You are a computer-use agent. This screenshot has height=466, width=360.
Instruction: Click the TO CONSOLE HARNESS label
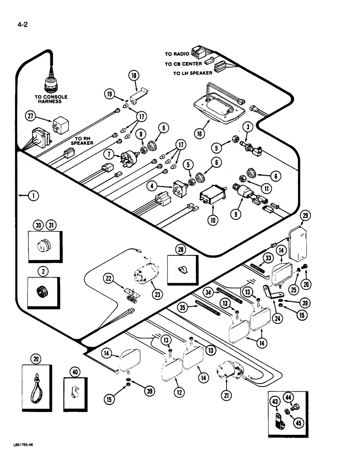tap(51, 99)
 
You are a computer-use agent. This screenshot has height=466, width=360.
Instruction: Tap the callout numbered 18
tap(135, 77)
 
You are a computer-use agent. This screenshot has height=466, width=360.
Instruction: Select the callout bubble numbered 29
tap(305, 215)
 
